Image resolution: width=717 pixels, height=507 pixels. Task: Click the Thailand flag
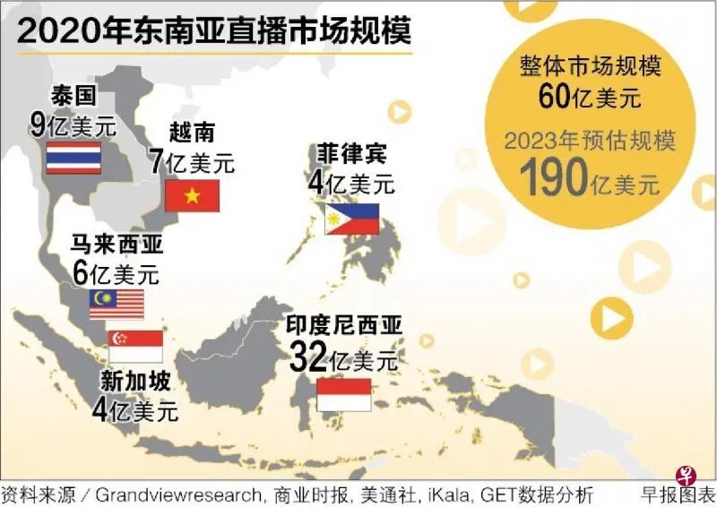[73, 157]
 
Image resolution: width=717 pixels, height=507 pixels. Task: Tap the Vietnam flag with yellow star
[192, 195]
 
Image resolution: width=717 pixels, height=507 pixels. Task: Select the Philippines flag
[351, 218]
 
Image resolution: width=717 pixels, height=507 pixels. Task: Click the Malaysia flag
[117, 305]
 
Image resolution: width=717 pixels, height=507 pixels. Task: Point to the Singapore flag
[135, 346]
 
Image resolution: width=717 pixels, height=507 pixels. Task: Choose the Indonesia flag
[344, 394]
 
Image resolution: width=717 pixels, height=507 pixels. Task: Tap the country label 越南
[191, 133]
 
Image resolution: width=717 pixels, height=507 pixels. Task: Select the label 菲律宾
[351, 154]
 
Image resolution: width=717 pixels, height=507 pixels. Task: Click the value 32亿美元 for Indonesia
[343, 359]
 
